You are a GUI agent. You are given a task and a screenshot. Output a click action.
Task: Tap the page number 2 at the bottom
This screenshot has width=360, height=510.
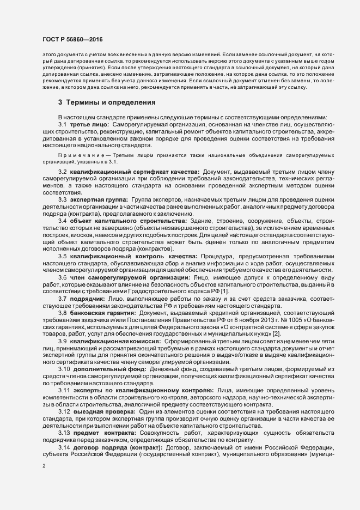[44, 465]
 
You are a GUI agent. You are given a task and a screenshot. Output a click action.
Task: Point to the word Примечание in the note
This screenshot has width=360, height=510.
[80, 155]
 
